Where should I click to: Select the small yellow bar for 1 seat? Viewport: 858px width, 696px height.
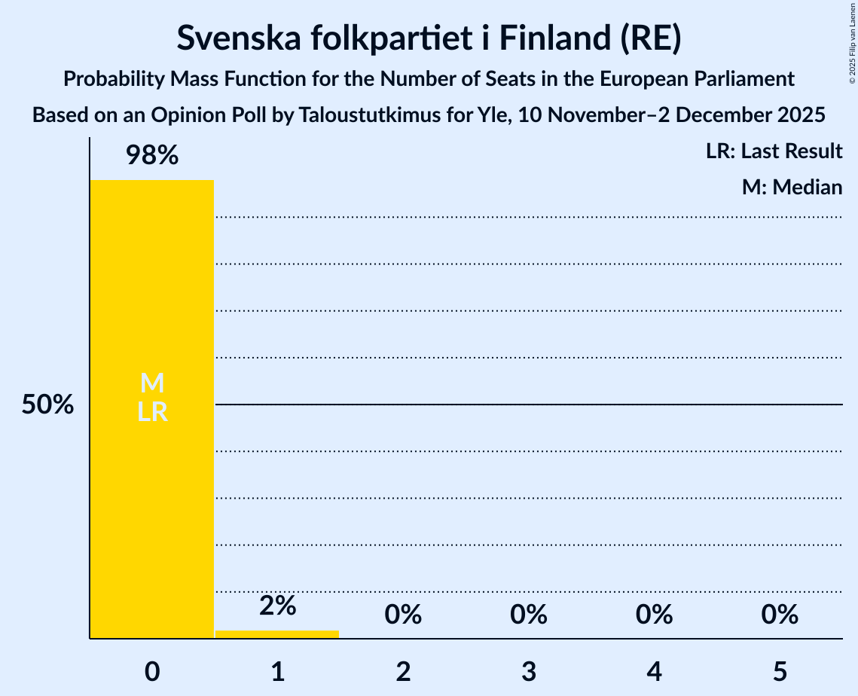(x=277, y=634)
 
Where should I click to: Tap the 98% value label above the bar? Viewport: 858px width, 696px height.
(x=151, y=156)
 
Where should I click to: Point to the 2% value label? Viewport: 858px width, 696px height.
(x=277, y=606)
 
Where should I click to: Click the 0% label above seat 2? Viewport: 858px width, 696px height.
(x=403, y=615)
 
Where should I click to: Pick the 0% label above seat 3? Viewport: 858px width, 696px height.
(x=528, y=615)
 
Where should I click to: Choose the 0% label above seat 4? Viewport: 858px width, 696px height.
(x=654, y=615)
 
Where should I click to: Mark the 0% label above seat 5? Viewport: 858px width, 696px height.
(x=779, y=615)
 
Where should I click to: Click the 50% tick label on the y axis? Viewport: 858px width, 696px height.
(x=47, y=405)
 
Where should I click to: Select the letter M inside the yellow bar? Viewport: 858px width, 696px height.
(x=152, y=383)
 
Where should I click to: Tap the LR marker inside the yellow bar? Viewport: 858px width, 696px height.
(x=152, y=412)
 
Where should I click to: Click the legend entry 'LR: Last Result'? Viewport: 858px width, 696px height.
(x=774, y=151)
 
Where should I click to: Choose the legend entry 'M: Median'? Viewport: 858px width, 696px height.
(x=792, y=187)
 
